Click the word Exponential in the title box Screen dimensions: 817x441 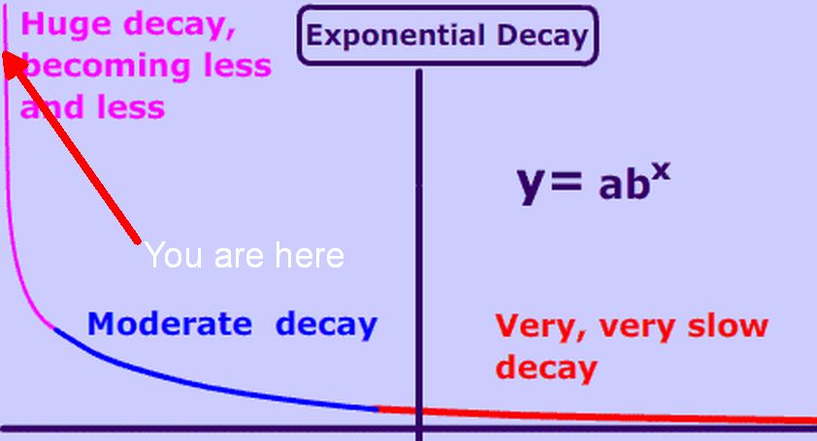[396, 37]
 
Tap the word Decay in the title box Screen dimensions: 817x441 [542, 37]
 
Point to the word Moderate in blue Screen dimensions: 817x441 [170, 324]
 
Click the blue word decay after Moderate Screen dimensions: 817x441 [326, 326]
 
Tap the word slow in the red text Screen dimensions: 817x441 [728, 327]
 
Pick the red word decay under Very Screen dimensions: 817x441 [546, 368]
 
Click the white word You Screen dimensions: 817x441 [174, 255]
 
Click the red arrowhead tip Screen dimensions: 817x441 [4, 52]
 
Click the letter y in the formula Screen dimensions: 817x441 [530, 184]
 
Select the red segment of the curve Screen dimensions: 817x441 [597, 417]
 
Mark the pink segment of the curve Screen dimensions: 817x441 [10, 208]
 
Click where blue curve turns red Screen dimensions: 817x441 [378, 409]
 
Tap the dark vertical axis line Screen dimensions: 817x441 [419, 255]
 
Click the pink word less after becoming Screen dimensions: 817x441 [238, 67]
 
